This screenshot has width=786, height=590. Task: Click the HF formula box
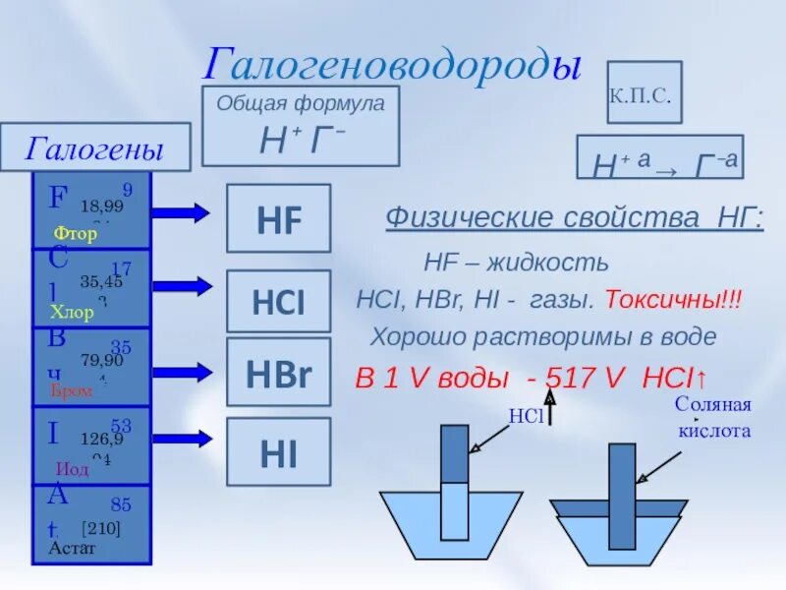point(279,218)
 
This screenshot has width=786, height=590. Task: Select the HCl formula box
point(279,302)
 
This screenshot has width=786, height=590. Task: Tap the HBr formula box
point(279,371)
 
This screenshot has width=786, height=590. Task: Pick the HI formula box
point(279,451)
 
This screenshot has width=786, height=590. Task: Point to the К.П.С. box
point(644,92)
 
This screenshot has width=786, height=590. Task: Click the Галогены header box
point(94,148)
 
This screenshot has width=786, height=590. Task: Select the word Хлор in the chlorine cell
point(72,313)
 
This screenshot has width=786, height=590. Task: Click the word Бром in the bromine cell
point(71,390)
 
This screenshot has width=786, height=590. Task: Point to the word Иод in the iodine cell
point(72,469)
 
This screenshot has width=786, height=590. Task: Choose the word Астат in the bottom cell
point(72,548)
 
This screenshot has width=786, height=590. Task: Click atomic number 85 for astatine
point(121,505)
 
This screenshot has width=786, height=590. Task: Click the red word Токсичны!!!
point(673,299)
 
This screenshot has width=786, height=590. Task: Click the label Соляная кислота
point(713,418)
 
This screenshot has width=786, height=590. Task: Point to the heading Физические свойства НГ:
point(573,216)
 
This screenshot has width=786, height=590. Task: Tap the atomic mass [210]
point(100,528)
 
